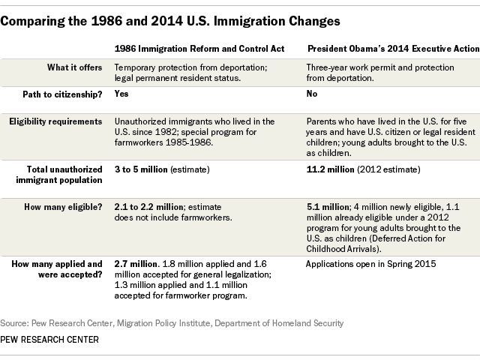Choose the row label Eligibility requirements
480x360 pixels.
pos(55,121)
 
